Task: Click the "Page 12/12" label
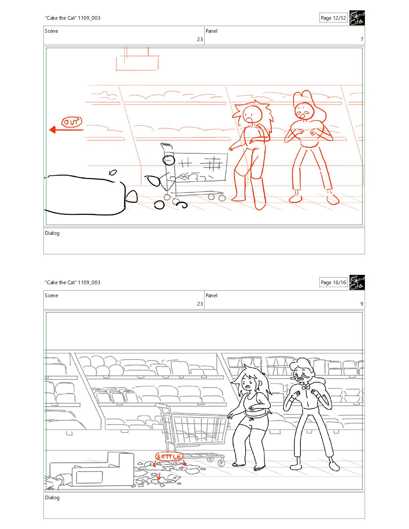[333, 18]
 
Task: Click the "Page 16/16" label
[333, 283]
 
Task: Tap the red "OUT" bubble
[72, 122]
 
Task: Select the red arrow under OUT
[66, 130]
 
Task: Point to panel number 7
[362, 39]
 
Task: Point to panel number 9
[362, 304]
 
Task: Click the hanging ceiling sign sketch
[137, 59]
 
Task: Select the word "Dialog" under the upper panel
[52, 233]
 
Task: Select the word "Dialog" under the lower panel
[52, 498]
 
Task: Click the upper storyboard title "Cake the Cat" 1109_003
[73, 18]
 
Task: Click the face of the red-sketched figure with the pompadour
[304, 111]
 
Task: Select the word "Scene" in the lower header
[51, 296]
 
